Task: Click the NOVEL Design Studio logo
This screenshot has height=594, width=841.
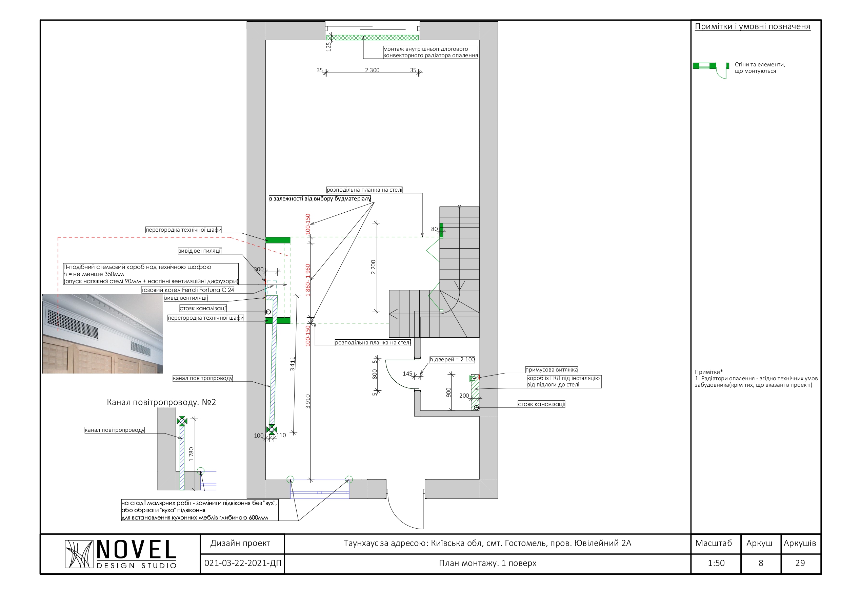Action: pos(121,554)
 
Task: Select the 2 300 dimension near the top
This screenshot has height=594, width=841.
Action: pos(372,70)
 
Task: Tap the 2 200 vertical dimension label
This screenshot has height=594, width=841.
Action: pos(373,267)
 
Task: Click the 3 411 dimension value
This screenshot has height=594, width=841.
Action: pos(292,364)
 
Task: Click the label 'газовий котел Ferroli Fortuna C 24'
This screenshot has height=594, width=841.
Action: pos(188,290)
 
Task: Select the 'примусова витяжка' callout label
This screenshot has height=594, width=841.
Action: pos(551,370)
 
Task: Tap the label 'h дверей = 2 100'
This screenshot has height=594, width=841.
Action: pos(452,359)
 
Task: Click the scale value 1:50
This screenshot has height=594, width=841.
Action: pos(716,563)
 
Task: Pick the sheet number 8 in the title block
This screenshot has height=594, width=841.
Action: pos(761,563)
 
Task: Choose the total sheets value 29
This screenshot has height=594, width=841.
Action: pos(800,563)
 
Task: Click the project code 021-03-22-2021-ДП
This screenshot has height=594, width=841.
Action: pos(243,563)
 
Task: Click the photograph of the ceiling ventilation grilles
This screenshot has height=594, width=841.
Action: pos(103,334)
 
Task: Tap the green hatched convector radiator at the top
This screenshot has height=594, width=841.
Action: pos(373,37)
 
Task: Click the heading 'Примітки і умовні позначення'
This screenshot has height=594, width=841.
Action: pos(753,26)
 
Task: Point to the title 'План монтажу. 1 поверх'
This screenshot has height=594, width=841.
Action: pos(487,563)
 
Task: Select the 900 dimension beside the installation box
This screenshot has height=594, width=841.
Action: pos(448,393)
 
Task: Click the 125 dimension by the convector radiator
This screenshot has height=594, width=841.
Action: pos(328,46)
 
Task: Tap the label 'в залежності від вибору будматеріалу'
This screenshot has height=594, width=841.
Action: pos(320,199)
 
